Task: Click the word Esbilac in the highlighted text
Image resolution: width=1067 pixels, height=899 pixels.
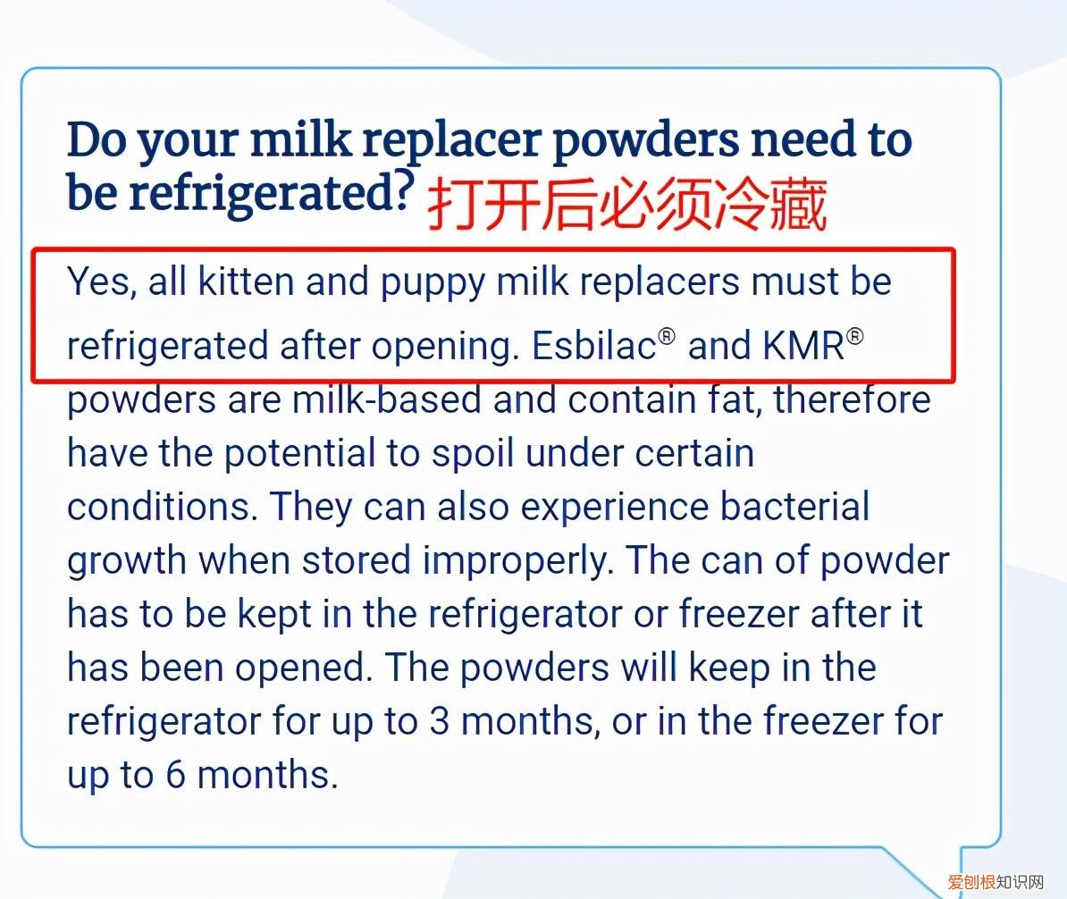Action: [594, 347]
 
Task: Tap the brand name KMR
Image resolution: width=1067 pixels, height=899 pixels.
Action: [803, 347]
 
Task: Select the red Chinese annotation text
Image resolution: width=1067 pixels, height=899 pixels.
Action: [626, 205]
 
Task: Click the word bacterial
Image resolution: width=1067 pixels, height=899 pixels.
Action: [794, 508]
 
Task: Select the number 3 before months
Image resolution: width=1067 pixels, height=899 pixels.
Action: [439, 721]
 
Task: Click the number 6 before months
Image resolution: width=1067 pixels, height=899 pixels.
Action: [173, 775]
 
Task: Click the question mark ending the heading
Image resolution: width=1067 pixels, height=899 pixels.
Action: [402, 191]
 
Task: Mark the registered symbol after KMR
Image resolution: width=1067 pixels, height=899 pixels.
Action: [855, 337]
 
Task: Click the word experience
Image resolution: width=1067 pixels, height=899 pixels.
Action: [616, 508]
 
